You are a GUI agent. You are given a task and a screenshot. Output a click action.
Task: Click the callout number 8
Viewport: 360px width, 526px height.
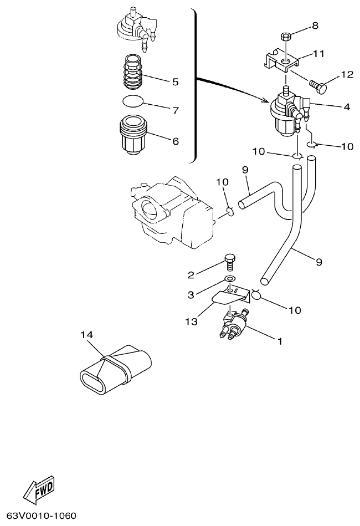315,25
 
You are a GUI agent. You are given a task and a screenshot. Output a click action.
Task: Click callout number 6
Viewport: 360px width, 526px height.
175,141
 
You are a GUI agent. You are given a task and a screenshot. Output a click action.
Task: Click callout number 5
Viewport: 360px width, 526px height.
175,82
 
